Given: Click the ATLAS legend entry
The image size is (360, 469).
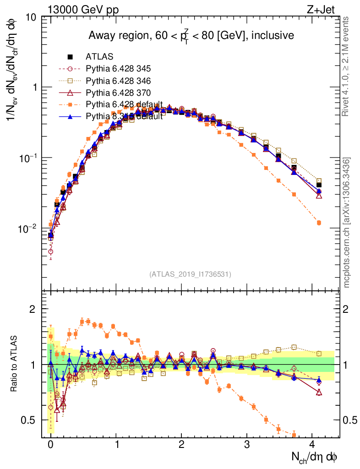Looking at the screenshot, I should (99, 57).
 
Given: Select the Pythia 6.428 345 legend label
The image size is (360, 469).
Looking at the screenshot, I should (118, 69).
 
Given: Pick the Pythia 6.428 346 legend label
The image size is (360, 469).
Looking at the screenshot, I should (118, 81).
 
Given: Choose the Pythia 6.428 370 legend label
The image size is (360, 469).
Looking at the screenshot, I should (118, 93).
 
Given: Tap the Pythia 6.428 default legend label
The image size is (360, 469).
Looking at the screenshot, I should (124, 104).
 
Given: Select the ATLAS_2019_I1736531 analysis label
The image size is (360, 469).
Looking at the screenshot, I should (190, 274).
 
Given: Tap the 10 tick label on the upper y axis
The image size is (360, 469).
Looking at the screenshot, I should (32, 17).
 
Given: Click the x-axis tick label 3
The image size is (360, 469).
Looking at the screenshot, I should (247, 444).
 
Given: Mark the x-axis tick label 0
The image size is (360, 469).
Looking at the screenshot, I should (50, 444).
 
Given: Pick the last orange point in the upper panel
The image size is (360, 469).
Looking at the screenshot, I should (319, 223).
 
